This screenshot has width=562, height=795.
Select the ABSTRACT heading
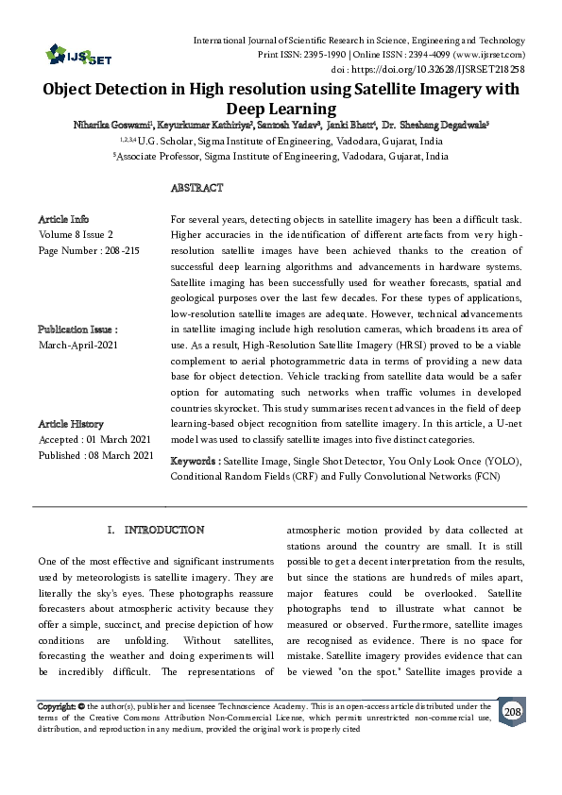[196, 189]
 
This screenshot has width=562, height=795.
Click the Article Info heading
[64, 218]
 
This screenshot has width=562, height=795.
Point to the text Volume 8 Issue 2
[76, 234]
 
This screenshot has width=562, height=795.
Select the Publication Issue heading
[77, 330]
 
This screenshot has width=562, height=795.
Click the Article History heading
[71, 424]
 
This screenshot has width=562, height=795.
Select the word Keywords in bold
[194, 461]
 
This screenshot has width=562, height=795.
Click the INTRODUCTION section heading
[163, 531]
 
